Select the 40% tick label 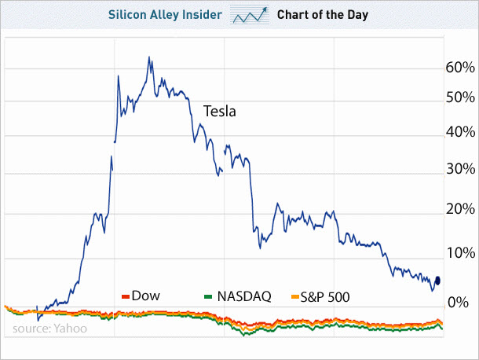click(460, 133)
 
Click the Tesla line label click(220, 112)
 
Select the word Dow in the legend click(146, 296)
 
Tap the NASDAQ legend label click(244, 296)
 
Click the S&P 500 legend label click(327, 296)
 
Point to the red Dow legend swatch click(125, 296)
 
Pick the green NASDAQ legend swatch click(208, 296)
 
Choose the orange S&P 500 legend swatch click(296, 296)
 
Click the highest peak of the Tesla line click(149, 57)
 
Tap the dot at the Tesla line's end click(437, 281)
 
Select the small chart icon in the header click(249, 15)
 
